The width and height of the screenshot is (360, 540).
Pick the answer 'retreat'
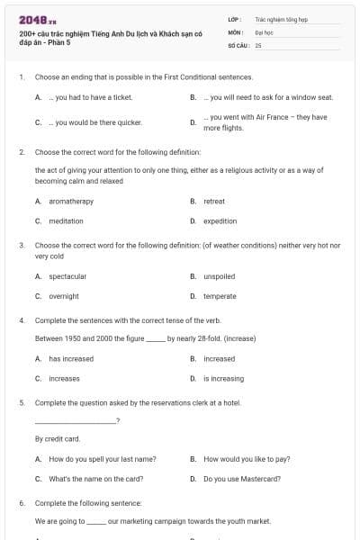[x=214, y=202]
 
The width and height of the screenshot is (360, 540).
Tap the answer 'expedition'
[x=220, y=220]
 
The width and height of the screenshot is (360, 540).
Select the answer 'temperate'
[x=220, y=296]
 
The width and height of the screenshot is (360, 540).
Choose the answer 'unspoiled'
[x=220, y=276]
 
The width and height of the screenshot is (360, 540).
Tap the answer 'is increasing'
[x=224, y=379]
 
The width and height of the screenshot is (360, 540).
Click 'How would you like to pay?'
[x=247, y=459]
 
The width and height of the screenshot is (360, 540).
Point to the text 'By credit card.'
[x=58, y=439]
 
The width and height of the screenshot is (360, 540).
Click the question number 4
[x=22, y=320]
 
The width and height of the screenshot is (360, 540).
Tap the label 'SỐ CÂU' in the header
[x=237, y=43]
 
